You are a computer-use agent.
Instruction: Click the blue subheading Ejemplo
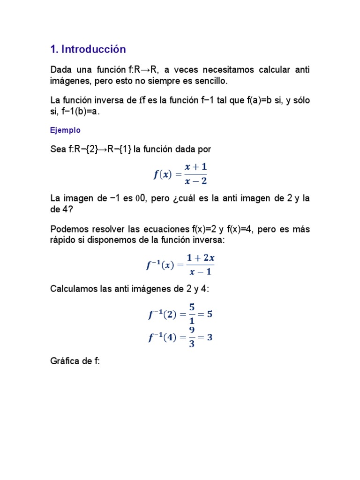[65, 130]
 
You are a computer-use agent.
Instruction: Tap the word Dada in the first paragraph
[61, 70]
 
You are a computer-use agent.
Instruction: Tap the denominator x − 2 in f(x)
[194, 181]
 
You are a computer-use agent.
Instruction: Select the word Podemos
[69, 229]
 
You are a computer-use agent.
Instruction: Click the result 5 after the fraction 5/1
[210, 314]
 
